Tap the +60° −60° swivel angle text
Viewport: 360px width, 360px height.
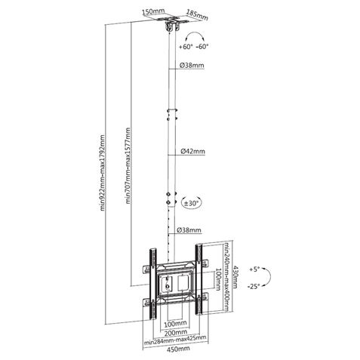click(195, 46)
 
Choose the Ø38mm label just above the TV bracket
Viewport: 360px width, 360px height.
click(190, 230)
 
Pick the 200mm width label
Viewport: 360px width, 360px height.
click(175, 332)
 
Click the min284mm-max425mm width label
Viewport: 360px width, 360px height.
click(174, 341)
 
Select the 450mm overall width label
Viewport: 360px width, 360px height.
click(174, 351)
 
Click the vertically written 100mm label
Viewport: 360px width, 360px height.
click(217, 275)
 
